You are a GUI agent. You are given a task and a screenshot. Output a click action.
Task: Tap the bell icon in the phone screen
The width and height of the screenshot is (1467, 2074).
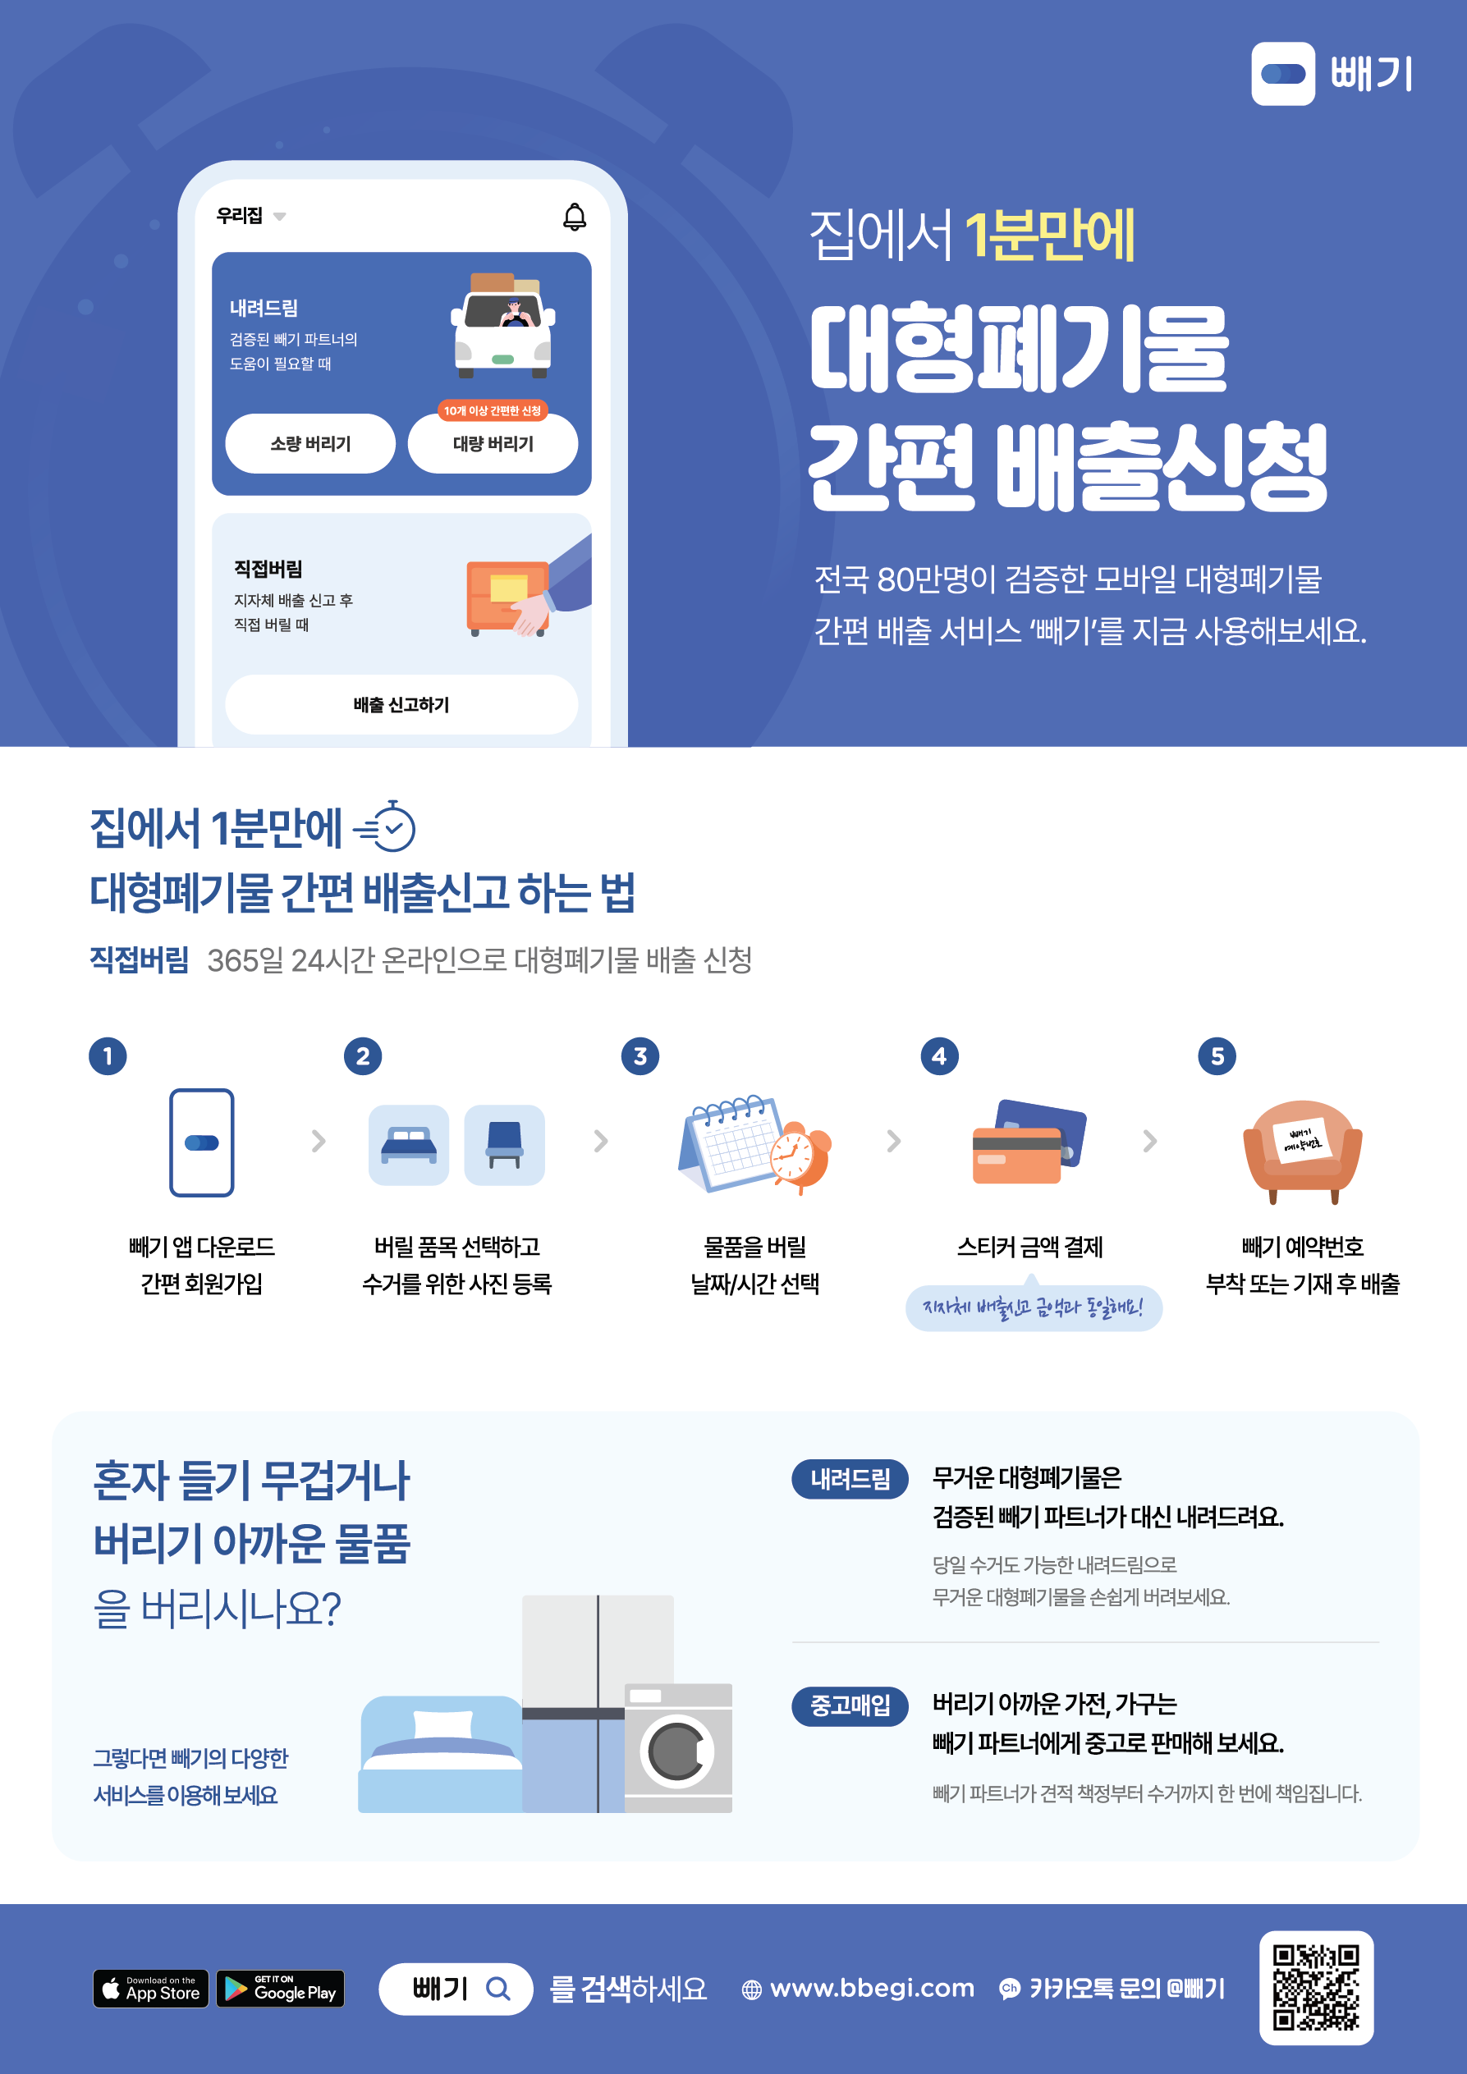tap(575, 216)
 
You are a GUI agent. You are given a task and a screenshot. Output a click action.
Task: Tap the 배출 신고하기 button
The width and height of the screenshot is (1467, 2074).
tap(401, 704)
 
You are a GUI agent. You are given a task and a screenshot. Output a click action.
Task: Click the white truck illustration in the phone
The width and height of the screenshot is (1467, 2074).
tap(503, 325)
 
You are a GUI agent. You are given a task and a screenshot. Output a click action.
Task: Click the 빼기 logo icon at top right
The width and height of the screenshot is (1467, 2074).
tap(1283, 73)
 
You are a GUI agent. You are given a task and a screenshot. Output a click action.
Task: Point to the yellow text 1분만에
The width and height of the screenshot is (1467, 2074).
tap(1050, 235)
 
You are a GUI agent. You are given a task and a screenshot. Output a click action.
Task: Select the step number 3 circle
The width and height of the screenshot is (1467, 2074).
tap(640, 1056)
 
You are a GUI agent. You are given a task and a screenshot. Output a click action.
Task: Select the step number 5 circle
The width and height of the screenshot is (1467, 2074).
tap(1217, 1056)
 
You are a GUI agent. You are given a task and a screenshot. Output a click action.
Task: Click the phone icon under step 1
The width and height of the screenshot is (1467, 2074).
tap(201, 1142)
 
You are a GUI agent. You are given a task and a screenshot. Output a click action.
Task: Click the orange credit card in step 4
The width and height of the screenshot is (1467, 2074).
tap(1016, 1156)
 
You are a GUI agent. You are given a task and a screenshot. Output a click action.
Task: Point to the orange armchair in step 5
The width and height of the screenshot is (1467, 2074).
tap(1302, 1151)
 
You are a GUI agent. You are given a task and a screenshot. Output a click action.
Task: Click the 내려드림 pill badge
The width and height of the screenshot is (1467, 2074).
tap(850, 1479)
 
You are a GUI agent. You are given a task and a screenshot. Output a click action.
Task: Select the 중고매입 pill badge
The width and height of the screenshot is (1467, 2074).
tap(850, 1705)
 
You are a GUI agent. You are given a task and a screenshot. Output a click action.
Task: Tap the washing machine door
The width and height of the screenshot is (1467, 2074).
tap(677, 1751)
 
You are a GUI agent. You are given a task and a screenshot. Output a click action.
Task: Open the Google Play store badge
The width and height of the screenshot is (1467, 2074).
tap(281, 1988)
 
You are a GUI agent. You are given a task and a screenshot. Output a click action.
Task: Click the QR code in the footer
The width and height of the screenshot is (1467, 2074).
tap(1316, 1988)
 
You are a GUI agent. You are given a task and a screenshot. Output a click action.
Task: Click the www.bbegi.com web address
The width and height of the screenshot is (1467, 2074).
tap(872, 1988)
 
